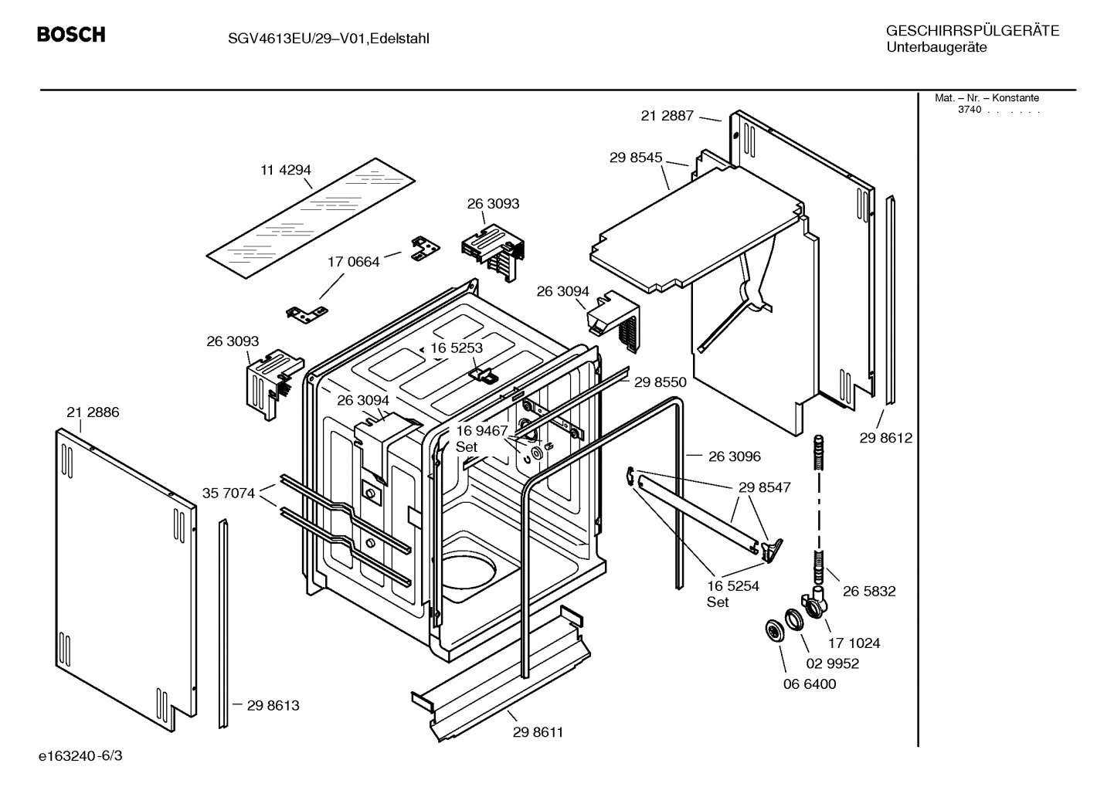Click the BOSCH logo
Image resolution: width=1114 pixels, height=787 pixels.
[71, 35]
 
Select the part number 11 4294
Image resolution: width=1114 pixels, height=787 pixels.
[285, 170]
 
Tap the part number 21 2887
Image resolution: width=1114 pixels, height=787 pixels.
[667, 116]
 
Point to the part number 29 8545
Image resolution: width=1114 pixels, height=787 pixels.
[636, 158]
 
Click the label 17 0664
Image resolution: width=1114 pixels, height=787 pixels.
[354, 262]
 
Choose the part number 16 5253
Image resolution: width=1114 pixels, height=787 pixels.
[457, 348]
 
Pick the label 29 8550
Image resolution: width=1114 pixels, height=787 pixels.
[661, 382]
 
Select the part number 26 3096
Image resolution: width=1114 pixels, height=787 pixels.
[734, 456]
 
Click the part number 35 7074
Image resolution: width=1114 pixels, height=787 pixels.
[229, 493]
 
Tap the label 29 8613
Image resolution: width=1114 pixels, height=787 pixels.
[273, 705]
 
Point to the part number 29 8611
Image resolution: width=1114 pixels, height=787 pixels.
[538, 732]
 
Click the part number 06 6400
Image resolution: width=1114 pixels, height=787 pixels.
[810, 684]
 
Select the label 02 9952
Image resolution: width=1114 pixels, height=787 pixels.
[833, 663]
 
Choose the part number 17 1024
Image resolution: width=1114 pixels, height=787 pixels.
[854, 643]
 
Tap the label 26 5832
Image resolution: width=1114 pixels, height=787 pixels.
[869, 591]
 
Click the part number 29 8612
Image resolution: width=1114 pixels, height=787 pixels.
[886, 438]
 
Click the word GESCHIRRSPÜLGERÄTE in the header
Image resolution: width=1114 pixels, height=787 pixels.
[973, 31]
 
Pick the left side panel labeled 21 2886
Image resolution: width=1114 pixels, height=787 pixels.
[124, 579]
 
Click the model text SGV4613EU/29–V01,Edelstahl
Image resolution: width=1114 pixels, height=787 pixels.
[318, 39]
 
